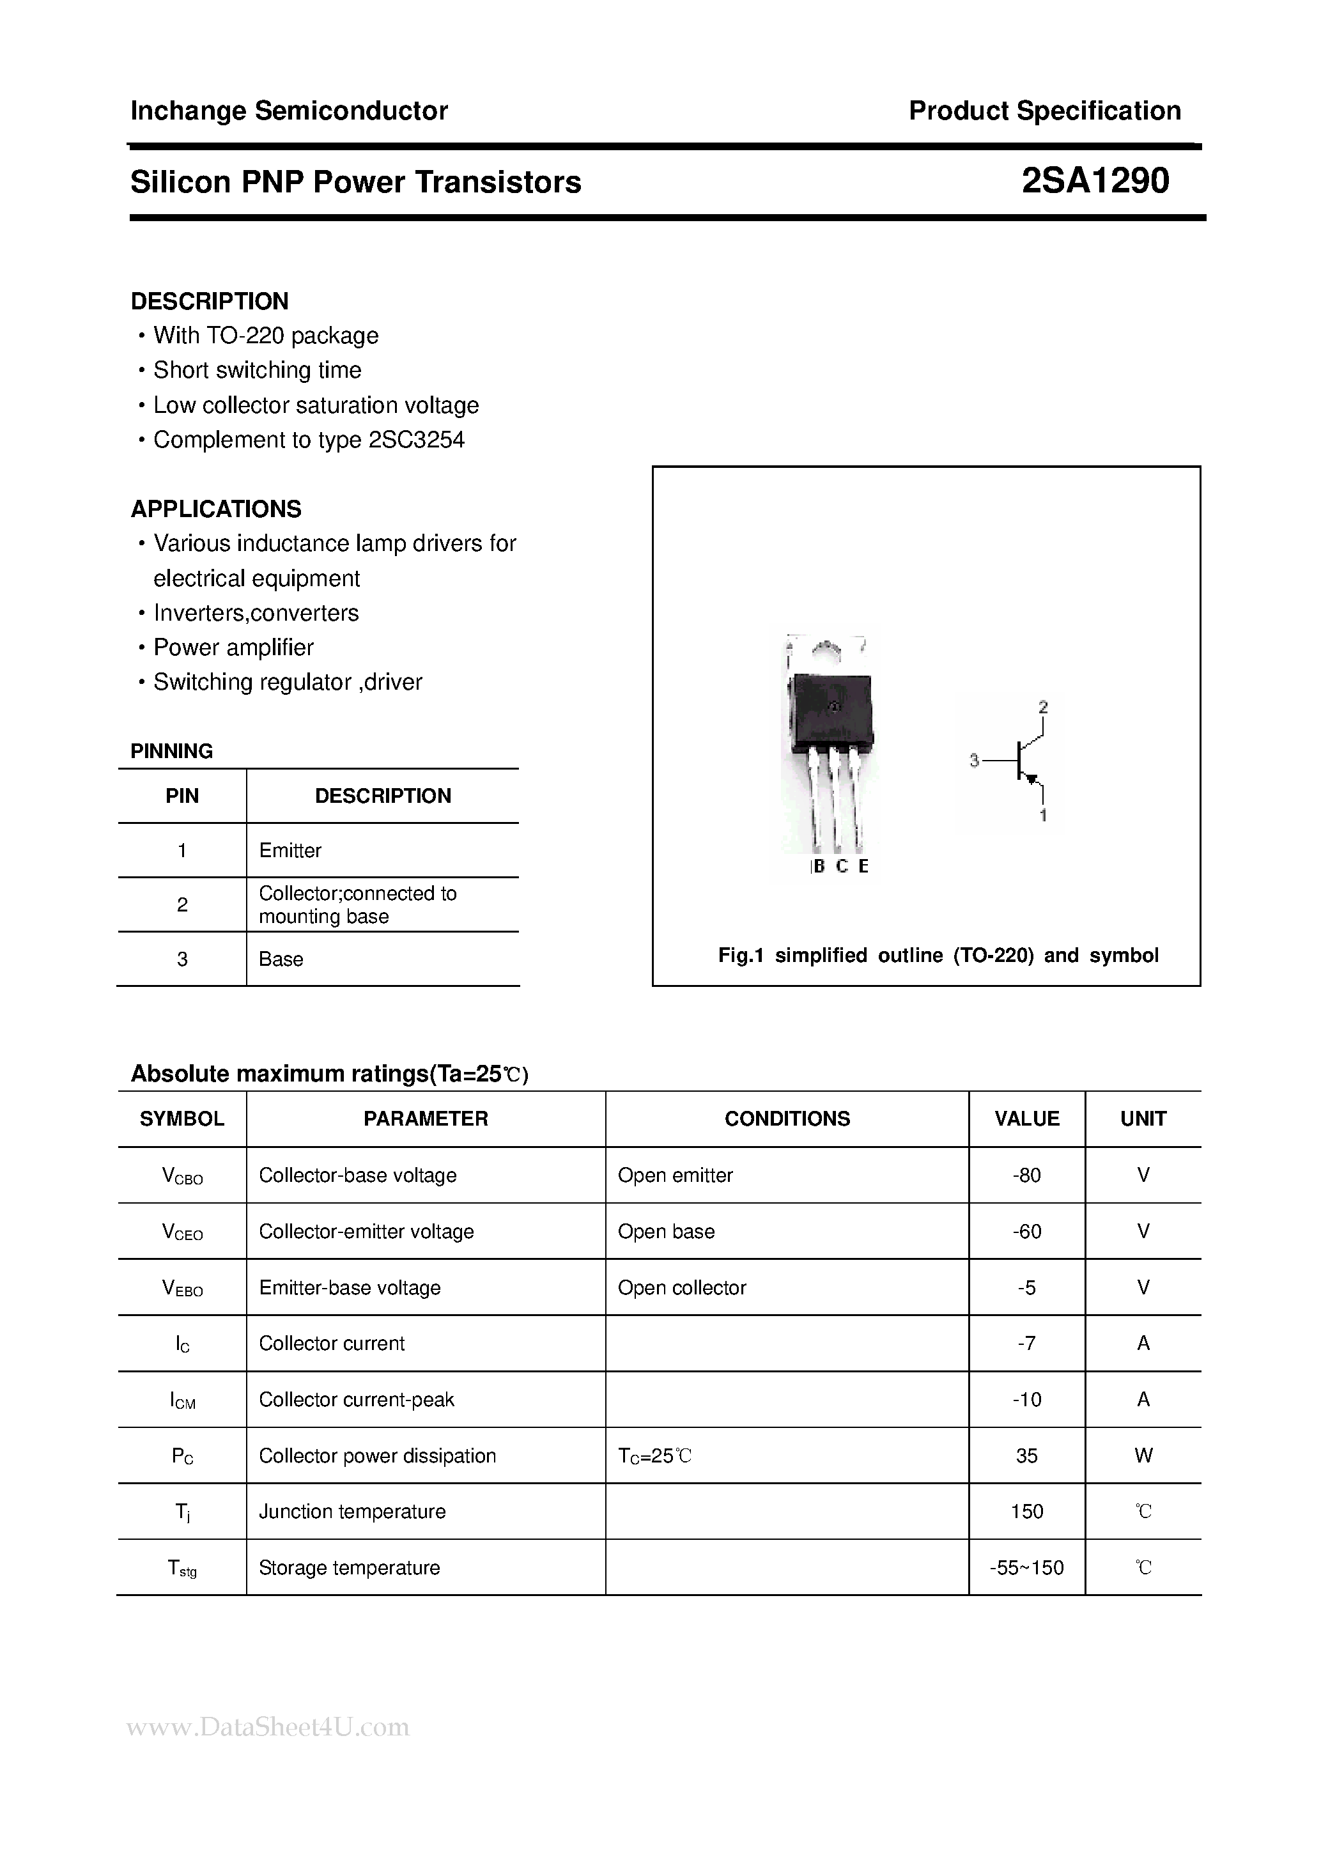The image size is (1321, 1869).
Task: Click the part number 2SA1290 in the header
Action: tap(1095, 181)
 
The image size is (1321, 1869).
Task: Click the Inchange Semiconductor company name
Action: tap(289, 111)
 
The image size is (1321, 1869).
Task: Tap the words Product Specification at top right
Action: tap(1044, 111)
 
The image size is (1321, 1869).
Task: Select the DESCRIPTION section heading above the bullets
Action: tap(209, 301)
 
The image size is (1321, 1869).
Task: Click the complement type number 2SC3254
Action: tap(416, 440)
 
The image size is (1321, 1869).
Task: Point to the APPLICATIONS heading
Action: tap(215, 509)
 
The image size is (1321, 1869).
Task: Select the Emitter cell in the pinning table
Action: tap(290, 850)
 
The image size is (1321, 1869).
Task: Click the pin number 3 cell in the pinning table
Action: tap(182, 959)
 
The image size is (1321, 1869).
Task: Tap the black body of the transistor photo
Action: tap(830, 708)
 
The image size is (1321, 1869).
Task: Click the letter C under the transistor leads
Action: tap(842, 866)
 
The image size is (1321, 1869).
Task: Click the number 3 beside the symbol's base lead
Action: tap(973, 760)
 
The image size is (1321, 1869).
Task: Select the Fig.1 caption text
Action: tap(938, 955)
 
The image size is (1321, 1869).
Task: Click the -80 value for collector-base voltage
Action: tap(1026, 1175)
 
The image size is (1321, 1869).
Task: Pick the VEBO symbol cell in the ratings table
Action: tap(182, 1288)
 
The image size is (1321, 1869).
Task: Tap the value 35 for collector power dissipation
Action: tap(1026, 1455)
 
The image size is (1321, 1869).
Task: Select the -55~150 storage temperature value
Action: tap(1026, 1568)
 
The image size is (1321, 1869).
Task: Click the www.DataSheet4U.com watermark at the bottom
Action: tap(268, 1726)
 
